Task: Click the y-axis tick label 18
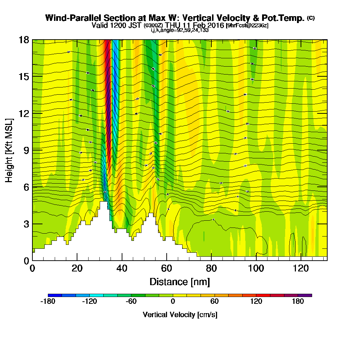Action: tap(24, 40)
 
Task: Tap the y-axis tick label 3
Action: tap(26, 224)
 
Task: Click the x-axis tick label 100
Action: tap(256, 268)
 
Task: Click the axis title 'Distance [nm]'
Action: tap(180, 281)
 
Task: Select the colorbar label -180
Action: tap(48, 302)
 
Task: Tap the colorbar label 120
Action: tap(256, 302)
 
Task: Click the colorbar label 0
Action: tap(173, 302)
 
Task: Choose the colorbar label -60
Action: tap(131, 302)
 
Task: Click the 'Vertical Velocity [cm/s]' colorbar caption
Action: tap(180, 315)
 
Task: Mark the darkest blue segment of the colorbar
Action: tap(55, 295)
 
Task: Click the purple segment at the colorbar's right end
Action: tap(305, 295)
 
